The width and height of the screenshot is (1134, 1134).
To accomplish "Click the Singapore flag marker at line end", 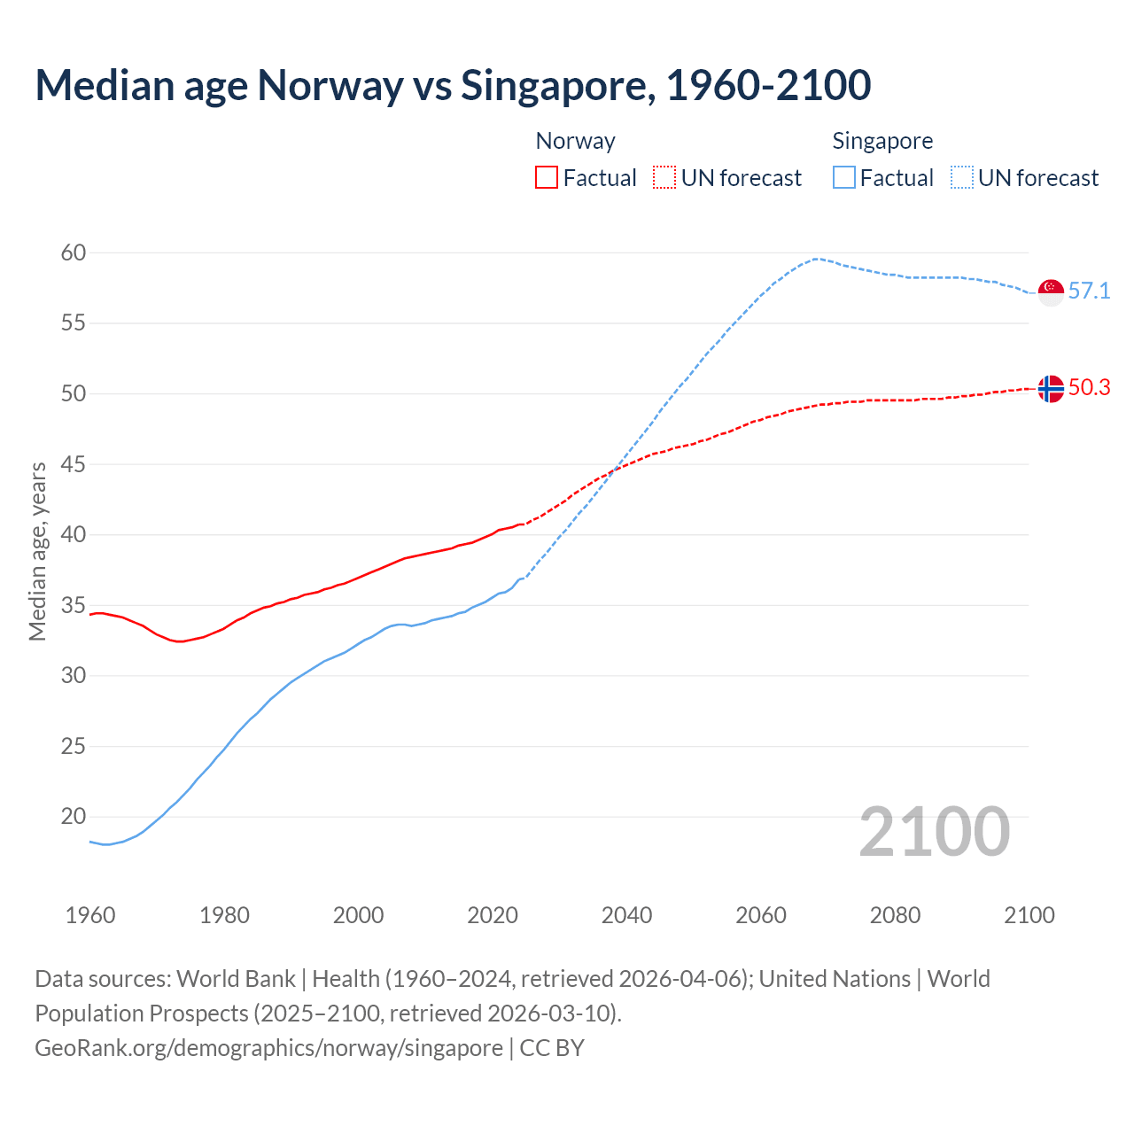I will tap(1050, 291).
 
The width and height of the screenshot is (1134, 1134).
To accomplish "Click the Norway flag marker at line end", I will tap(1050, 388).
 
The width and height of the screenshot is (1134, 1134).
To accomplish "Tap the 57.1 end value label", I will tap(1089, 291).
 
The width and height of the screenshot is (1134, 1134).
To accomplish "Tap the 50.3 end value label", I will tap(1089, 387).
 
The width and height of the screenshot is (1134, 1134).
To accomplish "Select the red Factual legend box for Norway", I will tap(547, 178).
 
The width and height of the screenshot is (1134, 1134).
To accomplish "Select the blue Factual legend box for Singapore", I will tap(843, 178).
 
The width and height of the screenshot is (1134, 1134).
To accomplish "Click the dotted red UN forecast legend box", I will tap(664, 178).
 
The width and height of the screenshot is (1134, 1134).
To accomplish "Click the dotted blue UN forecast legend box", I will tap(961, 178).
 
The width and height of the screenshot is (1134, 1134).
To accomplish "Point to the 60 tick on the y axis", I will tap(74, 253).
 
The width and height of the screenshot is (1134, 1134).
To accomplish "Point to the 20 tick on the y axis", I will tap(74, 817).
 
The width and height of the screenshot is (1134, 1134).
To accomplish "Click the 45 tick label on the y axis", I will tap(74, 465).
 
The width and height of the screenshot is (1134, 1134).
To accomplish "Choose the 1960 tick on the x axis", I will tap(90, 915).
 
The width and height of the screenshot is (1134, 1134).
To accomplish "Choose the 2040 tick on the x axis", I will tap(626, 915).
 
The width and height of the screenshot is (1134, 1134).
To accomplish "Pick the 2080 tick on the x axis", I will tap(895, 915).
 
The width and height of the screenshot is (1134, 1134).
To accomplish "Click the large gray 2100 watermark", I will tap(935, 832).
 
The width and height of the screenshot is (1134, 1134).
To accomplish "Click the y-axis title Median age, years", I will tap(37, 551).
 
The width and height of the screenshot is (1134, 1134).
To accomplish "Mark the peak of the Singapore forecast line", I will tap(815, 259).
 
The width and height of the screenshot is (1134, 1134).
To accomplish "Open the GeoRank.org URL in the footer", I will tap(268, 1048).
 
